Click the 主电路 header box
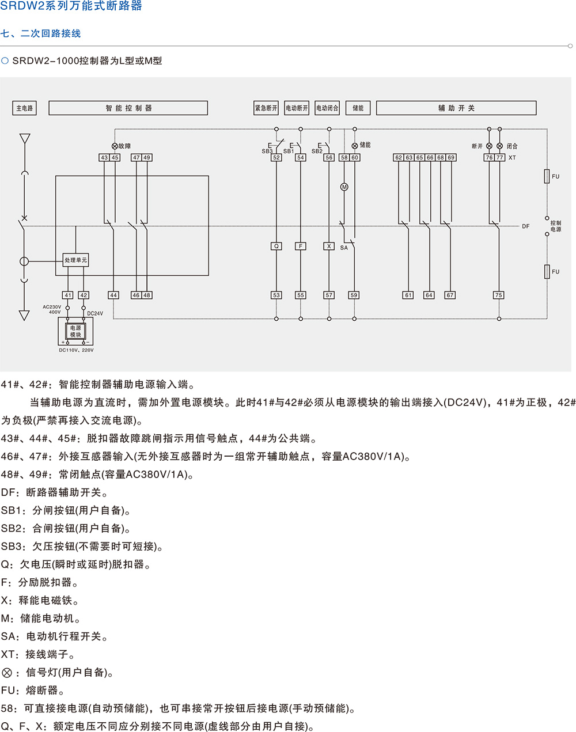pos(24,108)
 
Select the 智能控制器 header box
pos(128,108)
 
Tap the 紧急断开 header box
pos(266,108)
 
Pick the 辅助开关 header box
pos(456,108)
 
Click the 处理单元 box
pos(75,260)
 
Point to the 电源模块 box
pos(75,331)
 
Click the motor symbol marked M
pos(344,187)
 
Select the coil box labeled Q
pos(276,246)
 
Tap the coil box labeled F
pos(301,246)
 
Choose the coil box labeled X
pos(329,246)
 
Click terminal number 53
pos(276,295)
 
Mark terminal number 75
pos(499,295)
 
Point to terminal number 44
pos(113,295)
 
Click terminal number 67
pos(450,295)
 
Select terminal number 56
pos(329,157)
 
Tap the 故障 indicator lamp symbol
pos(115,146)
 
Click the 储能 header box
pos(358,108)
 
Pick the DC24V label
pos(95,314)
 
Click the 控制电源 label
pos(555,226)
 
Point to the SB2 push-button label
pos(317,151)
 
